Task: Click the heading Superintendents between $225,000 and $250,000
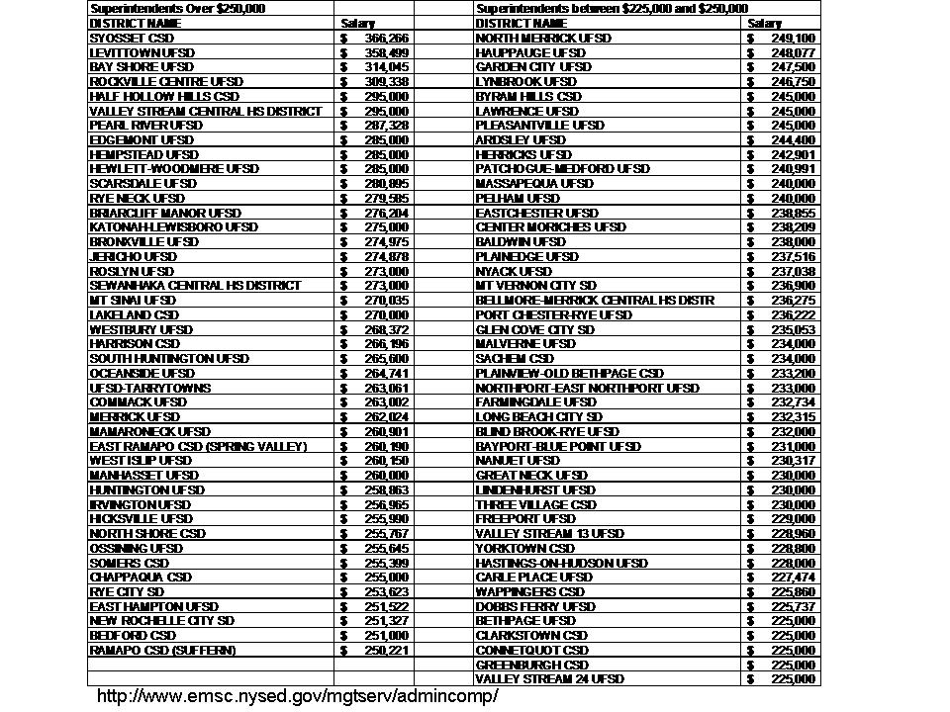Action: pyautogui.click(x=612, y=8)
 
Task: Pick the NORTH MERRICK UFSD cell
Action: pyautogui.click(x=543, y=38)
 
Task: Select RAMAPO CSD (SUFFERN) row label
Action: pyautogui.click(x=163, y=650)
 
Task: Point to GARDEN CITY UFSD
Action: pyautogui.click(x=533, y=66)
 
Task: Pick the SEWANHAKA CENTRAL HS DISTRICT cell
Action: pyautogui.click(x=195, y=285)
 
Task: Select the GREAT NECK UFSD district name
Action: pyautogui.click(x=531, y=475)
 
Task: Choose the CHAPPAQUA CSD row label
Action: pyautogui.click(x=141, y=577)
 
